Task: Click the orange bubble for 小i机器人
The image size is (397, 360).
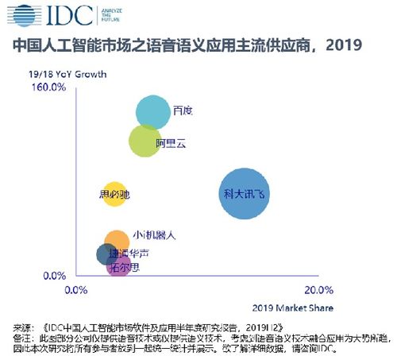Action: click(x=117, y=241)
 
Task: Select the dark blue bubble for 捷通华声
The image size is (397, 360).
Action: click(x=106, y=254)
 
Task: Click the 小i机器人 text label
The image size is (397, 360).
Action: click(x=154, y=235)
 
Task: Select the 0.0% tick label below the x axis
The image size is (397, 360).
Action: click(x=75, y=289)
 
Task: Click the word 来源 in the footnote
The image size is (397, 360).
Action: click(x=23, y=327)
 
